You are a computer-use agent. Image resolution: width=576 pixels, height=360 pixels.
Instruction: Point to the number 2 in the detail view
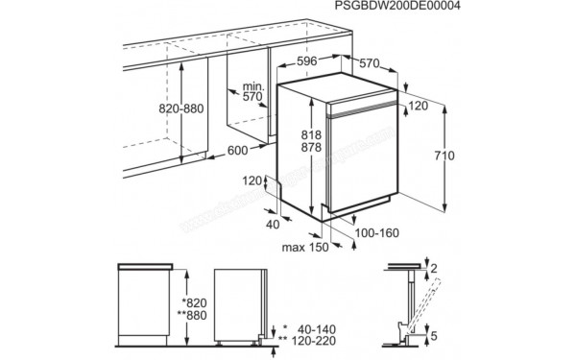(x=433, y=268)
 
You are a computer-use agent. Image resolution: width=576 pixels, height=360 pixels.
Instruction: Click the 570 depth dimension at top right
(x=369, y=63)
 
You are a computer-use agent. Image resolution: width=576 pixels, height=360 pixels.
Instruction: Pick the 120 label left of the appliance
(x=252, y=181)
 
